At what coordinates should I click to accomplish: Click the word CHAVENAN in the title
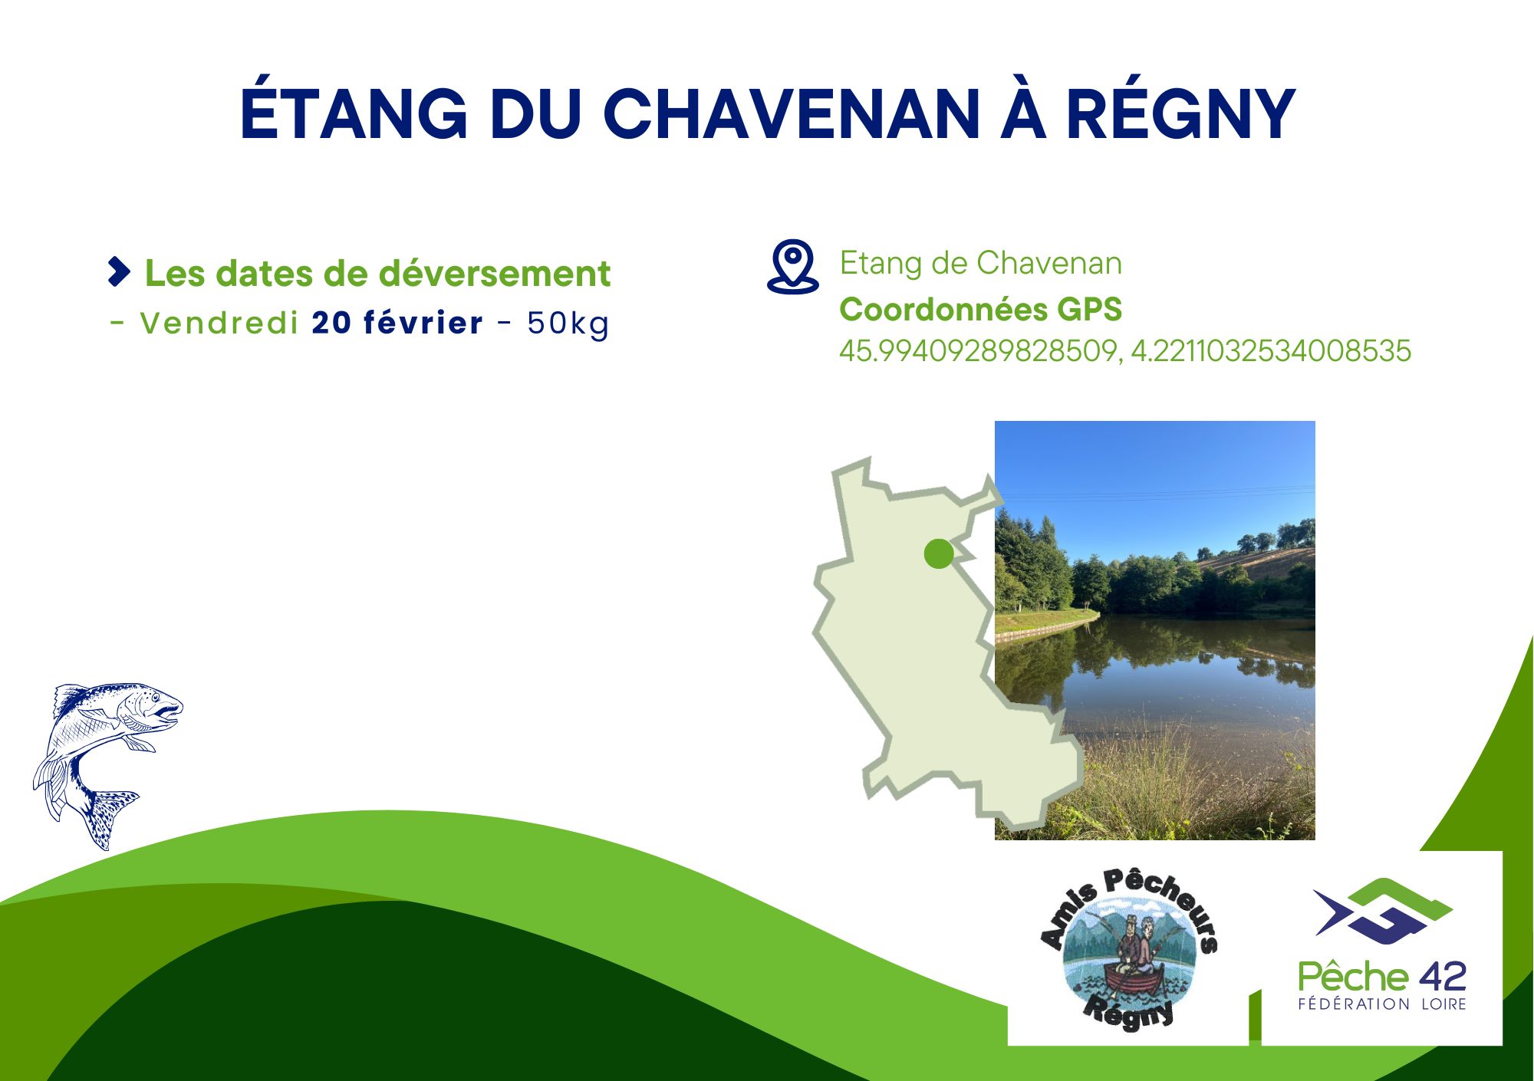point(792,113)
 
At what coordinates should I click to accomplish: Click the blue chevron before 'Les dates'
point(120,271)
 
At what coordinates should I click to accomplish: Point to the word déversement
point(495,273)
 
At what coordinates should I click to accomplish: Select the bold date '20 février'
point(397,322)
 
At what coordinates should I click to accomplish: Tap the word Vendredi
point(219,323)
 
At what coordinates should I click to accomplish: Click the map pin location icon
point(793,266)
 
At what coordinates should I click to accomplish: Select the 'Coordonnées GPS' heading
point(980,310)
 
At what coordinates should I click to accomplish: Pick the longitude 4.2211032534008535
point(1271,351)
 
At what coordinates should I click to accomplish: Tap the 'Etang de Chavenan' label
point(980,264)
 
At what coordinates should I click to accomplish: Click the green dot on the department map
point(939,554)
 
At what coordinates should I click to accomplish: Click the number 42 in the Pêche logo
point(1442,977)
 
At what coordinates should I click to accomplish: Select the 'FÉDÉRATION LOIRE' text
point(1382,1004)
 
